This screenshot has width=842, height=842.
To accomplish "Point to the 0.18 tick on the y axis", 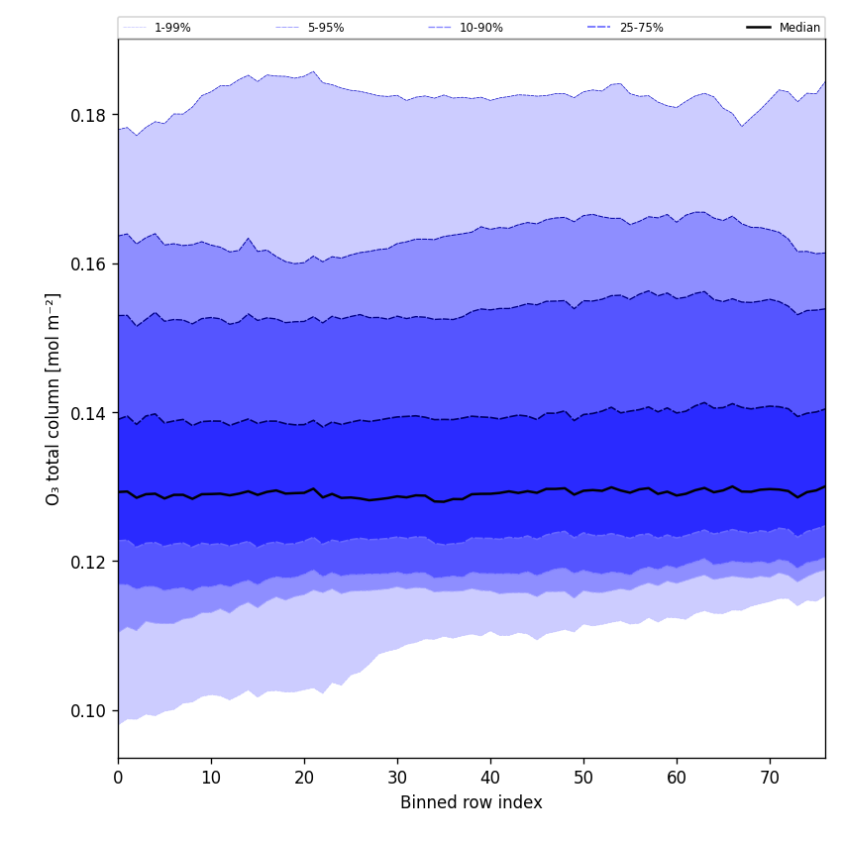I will [88, 116].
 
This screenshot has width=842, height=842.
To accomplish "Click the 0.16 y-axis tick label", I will [88, 264].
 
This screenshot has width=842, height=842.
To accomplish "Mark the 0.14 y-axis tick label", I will [88, 413].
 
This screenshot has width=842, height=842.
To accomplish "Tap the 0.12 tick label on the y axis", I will [88, 562].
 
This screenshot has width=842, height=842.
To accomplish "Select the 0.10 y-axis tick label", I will [88, 710].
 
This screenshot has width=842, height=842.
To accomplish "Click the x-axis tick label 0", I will [118, 778].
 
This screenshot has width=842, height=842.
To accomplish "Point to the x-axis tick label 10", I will [211, 778].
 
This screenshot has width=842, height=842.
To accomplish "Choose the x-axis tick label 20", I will [304, 778].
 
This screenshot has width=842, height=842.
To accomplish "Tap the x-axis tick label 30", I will [397, 778].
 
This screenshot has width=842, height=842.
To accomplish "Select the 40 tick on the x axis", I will [490, 778].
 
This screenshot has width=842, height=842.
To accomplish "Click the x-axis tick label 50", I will [583, 778].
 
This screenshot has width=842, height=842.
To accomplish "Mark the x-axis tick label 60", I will [677, 778].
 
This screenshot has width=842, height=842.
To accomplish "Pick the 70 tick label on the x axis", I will [770, 778].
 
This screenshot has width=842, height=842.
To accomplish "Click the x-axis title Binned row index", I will [472, 802].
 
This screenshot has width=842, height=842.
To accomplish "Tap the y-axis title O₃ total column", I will [53, 398].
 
